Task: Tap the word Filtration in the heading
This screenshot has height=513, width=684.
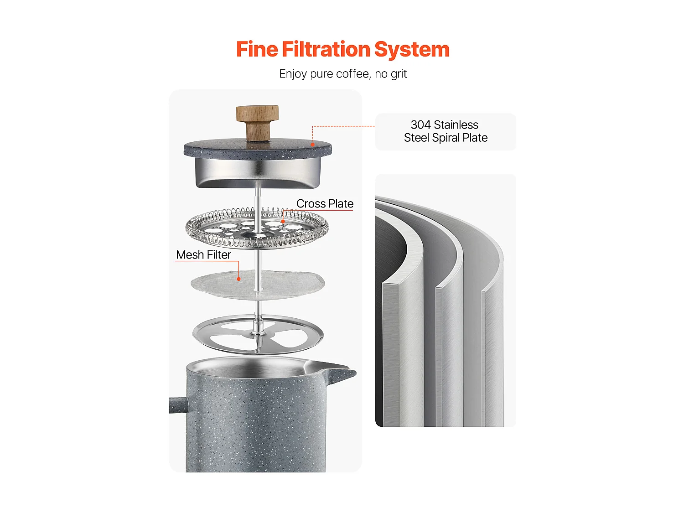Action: [x=326, y=49]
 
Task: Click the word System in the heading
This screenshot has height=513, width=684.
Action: [x=411, y=49]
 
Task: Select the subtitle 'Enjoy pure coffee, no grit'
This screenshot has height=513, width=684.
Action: [x=342, y=74]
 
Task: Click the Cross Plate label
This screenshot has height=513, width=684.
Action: [x=325, y=204]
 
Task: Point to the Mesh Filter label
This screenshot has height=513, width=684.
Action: [x=203, y=255]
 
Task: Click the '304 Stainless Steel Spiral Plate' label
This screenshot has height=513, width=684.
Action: [x=446, y=131]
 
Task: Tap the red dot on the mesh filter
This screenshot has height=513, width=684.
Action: [x=238, y=279]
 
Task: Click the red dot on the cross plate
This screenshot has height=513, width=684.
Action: [x=283, y=222]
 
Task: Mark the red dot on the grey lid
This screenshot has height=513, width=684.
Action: [x=312, y=145]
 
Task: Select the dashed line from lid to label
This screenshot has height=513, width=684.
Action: [x=342, y=126]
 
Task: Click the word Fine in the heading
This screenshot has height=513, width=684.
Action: [x=257, y=49]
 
